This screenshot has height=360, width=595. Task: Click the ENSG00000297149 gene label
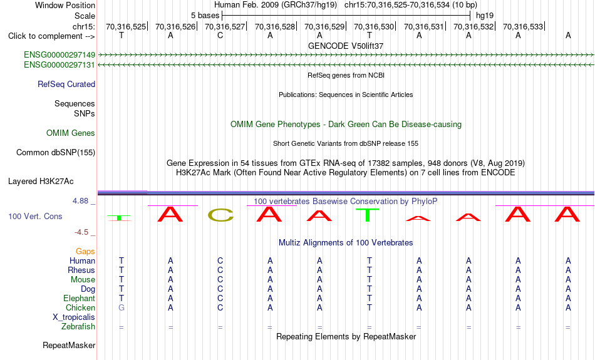click(59, 55)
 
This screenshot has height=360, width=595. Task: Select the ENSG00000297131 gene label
click(59, 65)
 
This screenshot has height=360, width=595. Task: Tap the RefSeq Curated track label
click(66, 85)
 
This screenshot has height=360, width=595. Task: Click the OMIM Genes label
click(71, 133)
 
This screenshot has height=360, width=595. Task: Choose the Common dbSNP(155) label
click(56, 153)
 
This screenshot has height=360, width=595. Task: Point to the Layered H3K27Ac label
click(41, 182)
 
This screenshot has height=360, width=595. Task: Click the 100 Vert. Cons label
click(35, 216)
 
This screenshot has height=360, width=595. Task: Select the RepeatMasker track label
click(69, 345)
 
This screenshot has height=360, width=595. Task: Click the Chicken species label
click(80, 307)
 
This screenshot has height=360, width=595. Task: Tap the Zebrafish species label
click(78, 327)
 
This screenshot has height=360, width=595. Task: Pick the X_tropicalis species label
click(74, 317)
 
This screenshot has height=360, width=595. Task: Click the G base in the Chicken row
click(122, 307)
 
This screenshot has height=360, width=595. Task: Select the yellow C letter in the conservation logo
click(220, 215)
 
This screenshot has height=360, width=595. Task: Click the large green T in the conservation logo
click(368, 215)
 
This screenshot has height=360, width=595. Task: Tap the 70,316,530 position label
click(374, 26)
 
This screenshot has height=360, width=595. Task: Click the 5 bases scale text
click(205, 16)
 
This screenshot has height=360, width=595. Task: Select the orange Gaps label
click(85, 252)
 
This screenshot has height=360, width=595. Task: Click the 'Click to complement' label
click(51, 36)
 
